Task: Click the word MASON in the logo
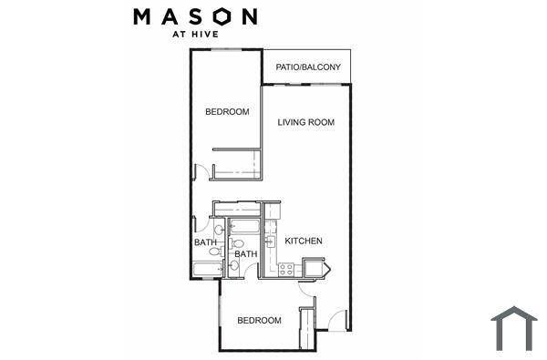click(x=195, y=16)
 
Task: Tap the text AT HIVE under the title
click(x=196, y=36)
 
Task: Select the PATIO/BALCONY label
click(x=307, y=67)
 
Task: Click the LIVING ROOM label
click(x=305, y=122)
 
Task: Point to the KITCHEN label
click(x=303, y=242)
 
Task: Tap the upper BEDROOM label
click(x=227, y=112)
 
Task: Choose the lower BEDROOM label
click(x=259, y=321)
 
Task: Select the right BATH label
click(x=245, y=254)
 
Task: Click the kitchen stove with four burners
click(x=285, y=269)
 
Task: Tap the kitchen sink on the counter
click(x=270, y=240)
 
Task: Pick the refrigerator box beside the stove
click(x=314, y=268)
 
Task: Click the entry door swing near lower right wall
click(x=337, y=320)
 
